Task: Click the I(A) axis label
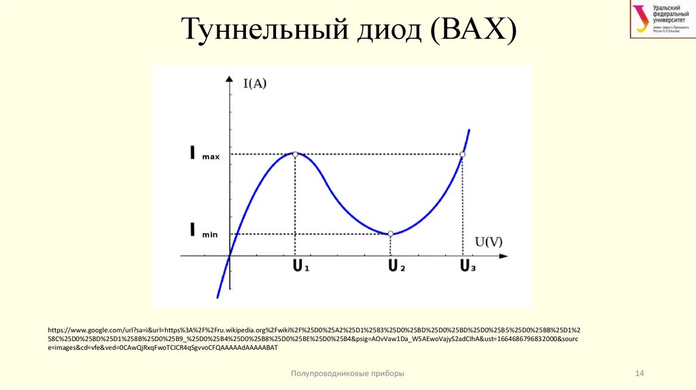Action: pos(255,84)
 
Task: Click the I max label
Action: pos(200,155)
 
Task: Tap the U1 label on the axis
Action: pos(300,266)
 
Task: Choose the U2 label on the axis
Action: pos(396,266)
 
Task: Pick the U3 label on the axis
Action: pos(468,266)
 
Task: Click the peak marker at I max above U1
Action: pos(295,154)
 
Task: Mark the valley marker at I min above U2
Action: pos(391,234)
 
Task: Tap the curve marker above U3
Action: pos(463,154)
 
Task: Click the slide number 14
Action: pos(638,374)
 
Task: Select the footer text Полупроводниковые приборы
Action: pos(347,374)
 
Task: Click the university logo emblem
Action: pos(641,18)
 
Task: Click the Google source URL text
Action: pos(313,338)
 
